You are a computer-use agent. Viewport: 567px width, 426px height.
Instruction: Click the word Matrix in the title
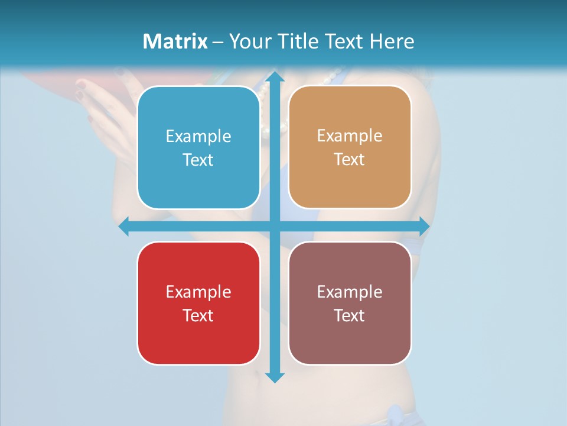point(175,41)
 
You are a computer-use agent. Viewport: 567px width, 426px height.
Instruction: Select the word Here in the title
point(392,41)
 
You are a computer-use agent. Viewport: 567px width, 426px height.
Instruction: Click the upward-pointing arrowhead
point(274,78)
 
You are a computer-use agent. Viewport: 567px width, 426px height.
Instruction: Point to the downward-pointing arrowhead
point(274,377)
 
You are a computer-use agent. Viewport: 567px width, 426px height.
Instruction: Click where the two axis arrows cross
point(274,227)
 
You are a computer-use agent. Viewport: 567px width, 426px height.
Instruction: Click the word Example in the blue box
point(198,137)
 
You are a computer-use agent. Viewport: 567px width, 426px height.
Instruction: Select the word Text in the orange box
point(350,160)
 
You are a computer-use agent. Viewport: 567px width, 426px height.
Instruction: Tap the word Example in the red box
point(198,292)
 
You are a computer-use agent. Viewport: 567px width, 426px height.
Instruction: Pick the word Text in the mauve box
point(350,315)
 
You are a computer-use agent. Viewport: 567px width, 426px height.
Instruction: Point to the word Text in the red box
point(198,315)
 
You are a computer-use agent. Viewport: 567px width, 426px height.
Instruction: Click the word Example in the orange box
point(350,136)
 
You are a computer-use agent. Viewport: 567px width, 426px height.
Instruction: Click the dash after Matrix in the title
point(217,42)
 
